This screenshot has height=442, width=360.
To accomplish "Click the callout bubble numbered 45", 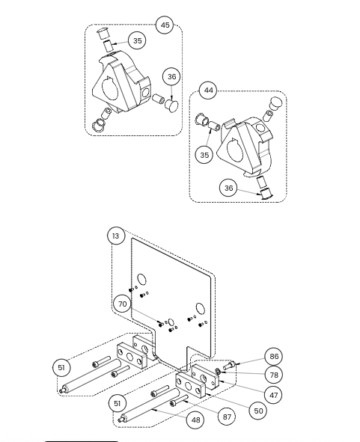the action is [165, 25].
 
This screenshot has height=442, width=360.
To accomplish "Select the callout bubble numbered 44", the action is [208, 90].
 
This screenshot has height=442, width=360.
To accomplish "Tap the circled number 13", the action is [116, 236].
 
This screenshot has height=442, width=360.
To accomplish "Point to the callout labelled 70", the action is [123, 304].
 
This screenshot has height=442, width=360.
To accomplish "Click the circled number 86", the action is [274, 356].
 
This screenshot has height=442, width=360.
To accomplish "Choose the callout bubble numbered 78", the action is [274, 375].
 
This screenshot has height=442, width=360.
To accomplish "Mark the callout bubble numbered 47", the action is [273, 395].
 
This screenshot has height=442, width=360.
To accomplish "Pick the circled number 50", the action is [258, 411].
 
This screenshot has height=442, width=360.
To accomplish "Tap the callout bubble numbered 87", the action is [227, 417].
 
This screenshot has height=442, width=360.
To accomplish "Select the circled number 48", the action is [195, 420].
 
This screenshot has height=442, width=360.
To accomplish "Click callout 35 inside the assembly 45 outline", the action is [137, 40].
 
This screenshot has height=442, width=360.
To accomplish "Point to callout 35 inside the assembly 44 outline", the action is [204, 155].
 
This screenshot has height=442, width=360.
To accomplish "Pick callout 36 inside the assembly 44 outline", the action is [228, 188].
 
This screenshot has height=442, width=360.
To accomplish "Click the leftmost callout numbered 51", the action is [61, 367].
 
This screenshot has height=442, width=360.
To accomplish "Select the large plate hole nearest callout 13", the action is [142, 279].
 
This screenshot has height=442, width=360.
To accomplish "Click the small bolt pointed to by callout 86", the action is [229, 366].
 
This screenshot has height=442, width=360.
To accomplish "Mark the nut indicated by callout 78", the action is [218, 371].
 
